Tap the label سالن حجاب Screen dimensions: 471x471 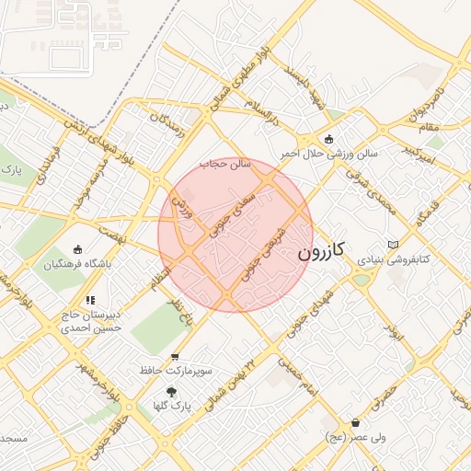(x=220, y=162)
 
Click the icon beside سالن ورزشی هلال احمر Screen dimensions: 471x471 (x=328, y=139)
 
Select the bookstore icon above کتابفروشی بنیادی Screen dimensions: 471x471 (x=395, y=244)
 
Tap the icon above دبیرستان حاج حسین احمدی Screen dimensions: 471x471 (x=90, y=299)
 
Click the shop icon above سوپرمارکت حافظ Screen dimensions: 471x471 (x=175, y=356)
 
